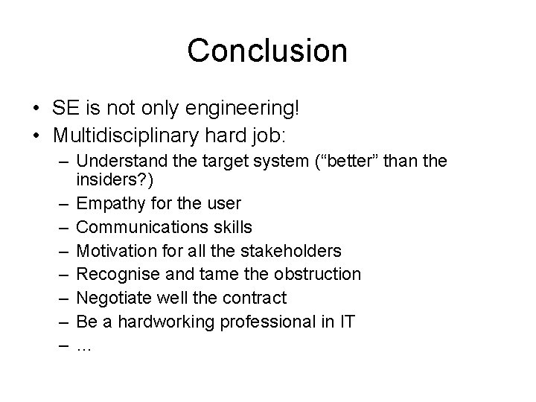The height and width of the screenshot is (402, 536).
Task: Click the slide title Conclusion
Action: click(267, 51)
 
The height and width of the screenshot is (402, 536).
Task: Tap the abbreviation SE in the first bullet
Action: click(64, 109)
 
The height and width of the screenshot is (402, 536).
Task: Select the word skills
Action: click(227, 226)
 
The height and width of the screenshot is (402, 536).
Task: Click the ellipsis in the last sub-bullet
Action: click(84, 347)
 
